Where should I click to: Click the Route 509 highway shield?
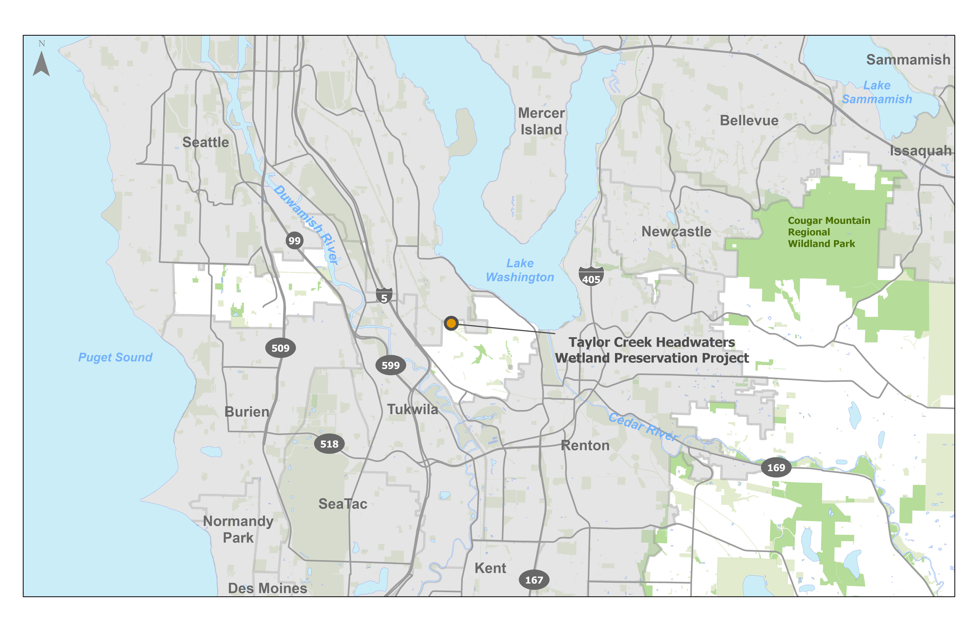click(x=280, y=348)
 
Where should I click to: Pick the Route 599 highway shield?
click(x=390, y=365)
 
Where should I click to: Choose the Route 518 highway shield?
click(x=329, y=444)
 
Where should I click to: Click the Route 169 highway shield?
click(x=776, y=467)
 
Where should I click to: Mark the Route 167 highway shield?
click(x=534, y=579)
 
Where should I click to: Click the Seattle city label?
click(x=205, y=142)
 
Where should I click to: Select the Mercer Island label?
click(x=541, y=121)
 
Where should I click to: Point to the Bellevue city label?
click(x=749, y=120)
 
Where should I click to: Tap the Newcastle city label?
click(x=676, y=231)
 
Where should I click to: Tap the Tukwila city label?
click(x=412, y=409)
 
